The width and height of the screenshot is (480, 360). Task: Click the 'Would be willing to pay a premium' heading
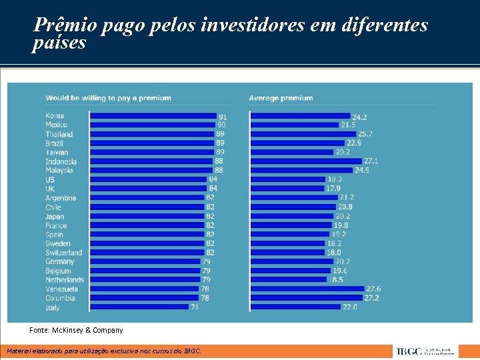108,98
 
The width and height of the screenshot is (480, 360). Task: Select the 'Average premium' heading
281,98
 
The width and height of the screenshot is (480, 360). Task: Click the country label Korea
55,116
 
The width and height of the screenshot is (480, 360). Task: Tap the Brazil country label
55,143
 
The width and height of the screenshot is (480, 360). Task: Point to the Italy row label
53,307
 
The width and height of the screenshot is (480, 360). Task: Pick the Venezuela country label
61,289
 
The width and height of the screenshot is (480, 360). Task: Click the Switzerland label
64,253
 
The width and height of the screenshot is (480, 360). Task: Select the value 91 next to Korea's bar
223,117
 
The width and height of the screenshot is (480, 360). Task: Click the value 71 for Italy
195,307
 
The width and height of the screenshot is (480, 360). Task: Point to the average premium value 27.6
373,289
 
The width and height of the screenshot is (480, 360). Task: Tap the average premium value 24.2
360,116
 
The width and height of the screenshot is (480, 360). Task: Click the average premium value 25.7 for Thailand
365,134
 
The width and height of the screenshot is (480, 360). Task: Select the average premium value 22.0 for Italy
350,307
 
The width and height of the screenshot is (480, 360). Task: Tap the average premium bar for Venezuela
307,289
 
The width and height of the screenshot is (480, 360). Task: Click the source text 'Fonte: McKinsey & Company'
76,330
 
